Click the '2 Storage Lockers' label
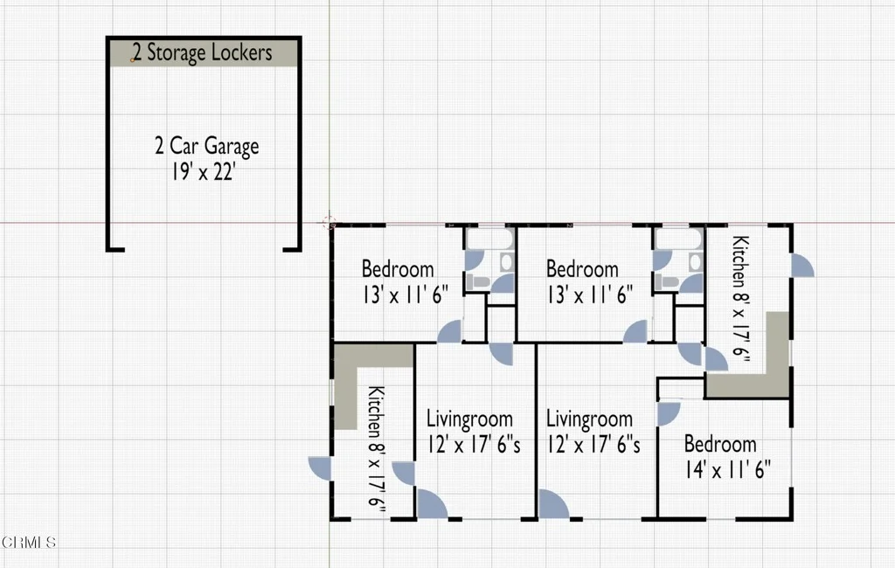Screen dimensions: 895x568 pos(203,52)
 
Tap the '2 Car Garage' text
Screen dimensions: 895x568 pos(206,146)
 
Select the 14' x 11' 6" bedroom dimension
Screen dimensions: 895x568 pos(728,469)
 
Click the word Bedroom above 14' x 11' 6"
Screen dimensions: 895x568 pos(720,444)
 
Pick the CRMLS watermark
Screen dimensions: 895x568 pos(29,542)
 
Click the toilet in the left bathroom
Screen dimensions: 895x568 pos(478,281)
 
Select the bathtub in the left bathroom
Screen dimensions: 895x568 pos(489,239)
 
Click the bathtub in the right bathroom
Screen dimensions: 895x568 pos(678,239)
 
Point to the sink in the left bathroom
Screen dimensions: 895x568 pos(506,262)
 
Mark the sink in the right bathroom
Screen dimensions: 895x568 pos(695,262)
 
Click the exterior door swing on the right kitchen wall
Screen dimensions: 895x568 pos(801,266)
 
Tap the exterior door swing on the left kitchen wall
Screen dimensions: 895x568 pos(321,468)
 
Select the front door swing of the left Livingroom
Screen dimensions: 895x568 pos(431,504)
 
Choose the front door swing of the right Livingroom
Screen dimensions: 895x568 pos(552,504)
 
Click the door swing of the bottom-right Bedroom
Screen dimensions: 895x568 pos(667,413)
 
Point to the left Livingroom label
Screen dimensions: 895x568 pos(469,419)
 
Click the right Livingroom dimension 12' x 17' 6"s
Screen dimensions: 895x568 pos(593,444)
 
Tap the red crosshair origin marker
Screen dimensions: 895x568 pos(330,223)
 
